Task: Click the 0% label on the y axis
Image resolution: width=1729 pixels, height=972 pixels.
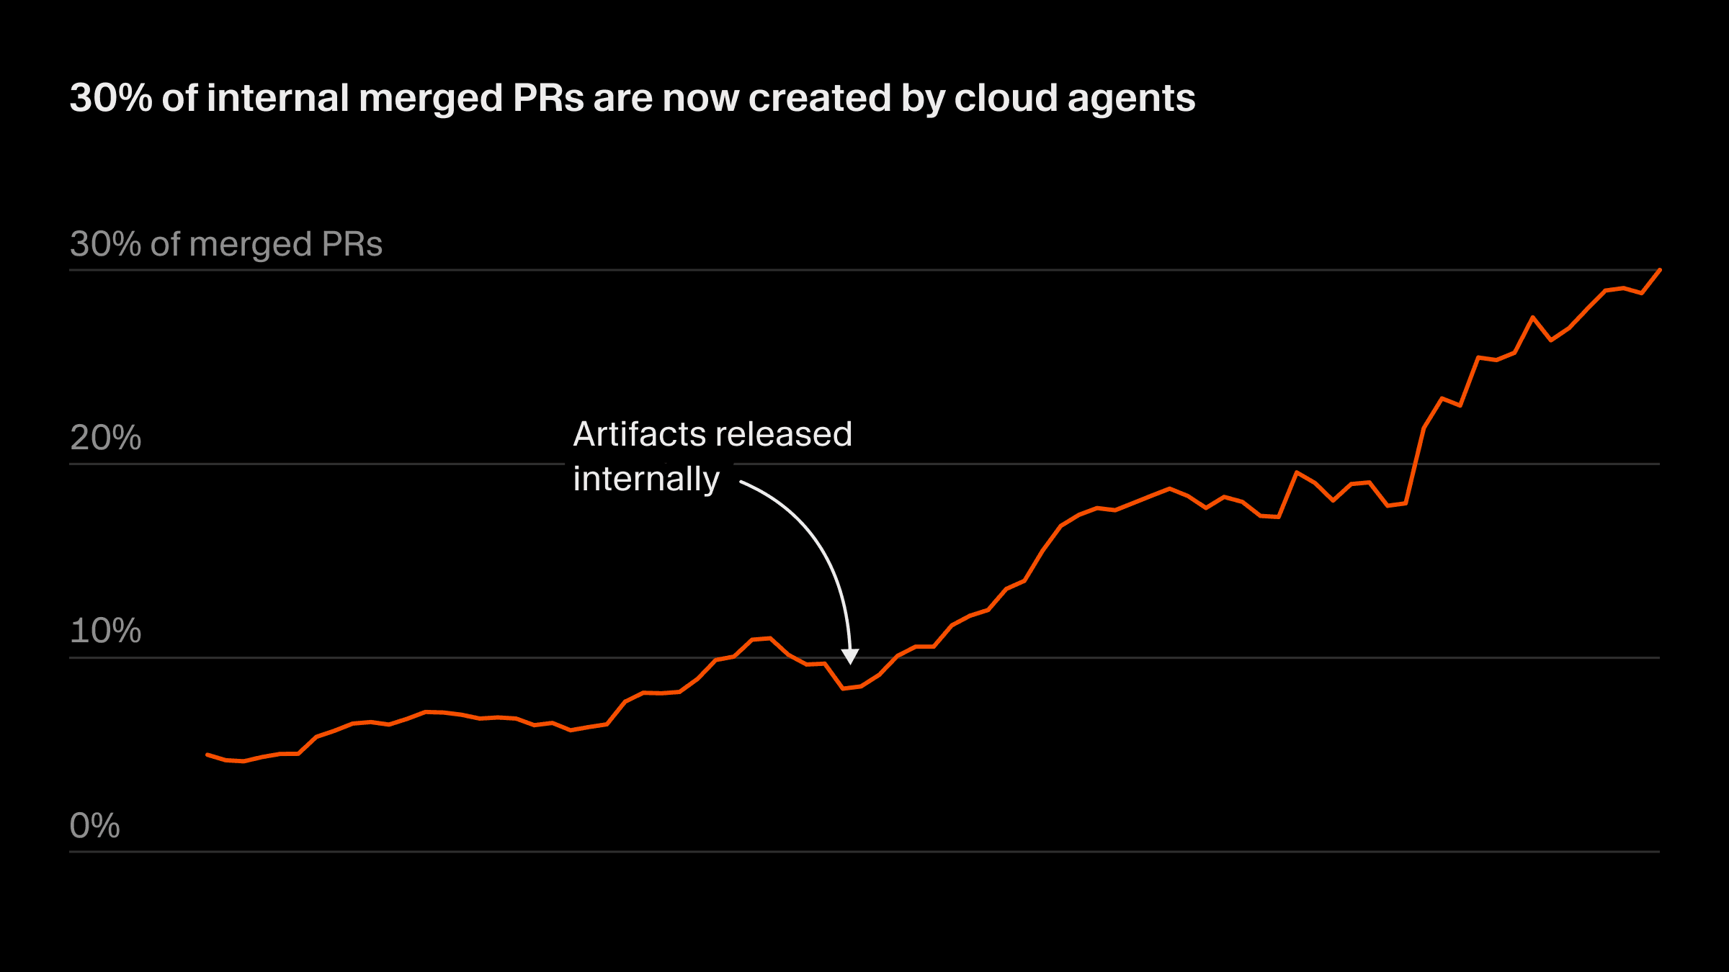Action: pyautogui.click(x=94, y=826)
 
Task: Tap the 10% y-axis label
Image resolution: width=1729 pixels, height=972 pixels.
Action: pyautogui.click(x=105, y=631)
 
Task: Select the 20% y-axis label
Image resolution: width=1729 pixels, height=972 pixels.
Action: pyautogui.click(x=105, y=438)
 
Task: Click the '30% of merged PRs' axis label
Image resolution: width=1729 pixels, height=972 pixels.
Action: pyautogui.click(x=225, y=244)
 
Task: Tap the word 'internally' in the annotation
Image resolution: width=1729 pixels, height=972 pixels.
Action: pyautogui.click(x=646, y=479)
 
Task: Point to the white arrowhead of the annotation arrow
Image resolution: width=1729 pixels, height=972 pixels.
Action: pyautogui.click(x=850, y=656)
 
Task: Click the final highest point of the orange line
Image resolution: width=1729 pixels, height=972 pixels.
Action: pyautogui.click(x=1660, y=270)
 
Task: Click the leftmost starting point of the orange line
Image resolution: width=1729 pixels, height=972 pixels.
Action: pyautogui.click(x=207, y=755)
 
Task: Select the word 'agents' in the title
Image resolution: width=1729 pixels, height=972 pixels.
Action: pyautogui.click(x=1131, y=99)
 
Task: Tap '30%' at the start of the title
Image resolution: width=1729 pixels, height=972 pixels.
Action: pyautogui.click(x=110, y=98)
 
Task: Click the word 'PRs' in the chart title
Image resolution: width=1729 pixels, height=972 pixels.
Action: pyautogui.click(x=548, y=98)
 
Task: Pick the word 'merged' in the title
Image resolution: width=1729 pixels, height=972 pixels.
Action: pyautogui.click(x=430, y=99)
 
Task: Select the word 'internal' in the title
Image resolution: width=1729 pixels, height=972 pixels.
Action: pyautogui.click(x=277, y=98)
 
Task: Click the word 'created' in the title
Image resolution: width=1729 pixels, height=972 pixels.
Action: pyautogui.click(x=819, y=98)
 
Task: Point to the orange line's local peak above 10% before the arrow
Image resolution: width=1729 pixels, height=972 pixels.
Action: pyautogui.click(x=770, y=638)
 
